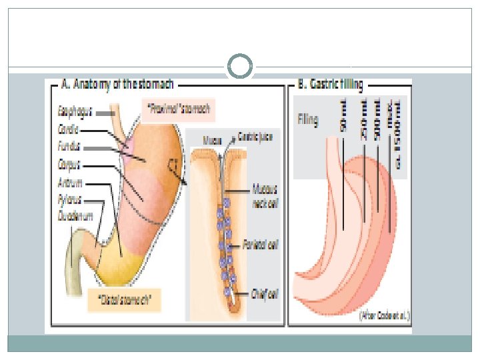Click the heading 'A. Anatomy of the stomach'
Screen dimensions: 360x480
(117, 85)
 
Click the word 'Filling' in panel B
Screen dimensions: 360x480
(307, 120)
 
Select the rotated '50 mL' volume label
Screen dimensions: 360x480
(343, 117)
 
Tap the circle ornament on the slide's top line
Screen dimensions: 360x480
(240, 67)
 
